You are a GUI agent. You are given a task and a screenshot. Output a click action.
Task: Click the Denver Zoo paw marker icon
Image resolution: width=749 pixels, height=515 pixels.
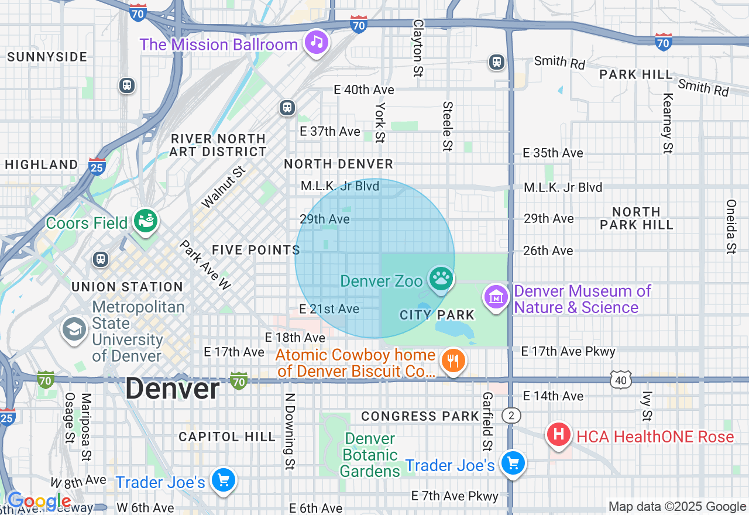[x=441, y=279]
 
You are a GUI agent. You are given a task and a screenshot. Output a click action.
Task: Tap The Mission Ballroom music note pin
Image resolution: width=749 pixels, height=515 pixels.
[x=317, y=42]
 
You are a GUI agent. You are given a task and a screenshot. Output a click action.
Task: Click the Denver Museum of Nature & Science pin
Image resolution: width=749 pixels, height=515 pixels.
[x=496, y=297]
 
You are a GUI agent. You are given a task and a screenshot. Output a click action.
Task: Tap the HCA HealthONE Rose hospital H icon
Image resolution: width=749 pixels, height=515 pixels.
[x=559, y=435]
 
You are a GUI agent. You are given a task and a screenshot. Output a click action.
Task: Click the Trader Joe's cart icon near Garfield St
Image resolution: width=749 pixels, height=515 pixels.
[x=513, y=463]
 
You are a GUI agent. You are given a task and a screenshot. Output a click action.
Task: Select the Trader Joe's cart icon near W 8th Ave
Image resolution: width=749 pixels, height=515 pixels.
[x=223, y=480]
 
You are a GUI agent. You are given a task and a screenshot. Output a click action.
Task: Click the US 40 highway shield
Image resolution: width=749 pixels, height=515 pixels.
[x=620, y=380]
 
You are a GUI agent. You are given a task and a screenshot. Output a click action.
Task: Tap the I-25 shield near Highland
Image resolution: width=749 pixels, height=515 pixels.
[x=97, y=167]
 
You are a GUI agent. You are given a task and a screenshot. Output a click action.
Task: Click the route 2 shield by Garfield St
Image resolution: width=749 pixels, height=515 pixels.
[x=511, y=416]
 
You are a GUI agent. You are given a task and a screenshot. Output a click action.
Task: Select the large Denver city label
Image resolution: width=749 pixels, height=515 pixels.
[x=172, y=389]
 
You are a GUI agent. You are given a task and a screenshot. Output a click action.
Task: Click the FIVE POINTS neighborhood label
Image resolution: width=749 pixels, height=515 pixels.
[x=256, y=250]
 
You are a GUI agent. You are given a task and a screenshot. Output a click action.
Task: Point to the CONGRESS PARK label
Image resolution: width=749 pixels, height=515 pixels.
[x=420, y=416]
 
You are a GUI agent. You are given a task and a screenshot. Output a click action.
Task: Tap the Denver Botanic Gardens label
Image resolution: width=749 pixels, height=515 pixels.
[x=369, y=455]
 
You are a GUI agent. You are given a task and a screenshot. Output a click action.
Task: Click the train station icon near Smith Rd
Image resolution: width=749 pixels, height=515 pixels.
[x=497, y=61]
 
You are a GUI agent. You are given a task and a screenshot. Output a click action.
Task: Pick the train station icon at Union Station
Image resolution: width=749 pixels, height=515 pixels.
[x=101, y=259]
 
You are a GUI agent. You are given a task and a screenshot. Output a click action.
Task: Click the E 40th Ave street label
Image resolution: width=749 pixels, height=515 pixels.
[x=364, y=90]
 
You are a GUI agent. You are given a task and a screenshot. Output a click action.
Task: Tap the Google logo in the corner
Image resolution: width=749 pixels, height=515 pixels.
[x=39, y=502]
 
